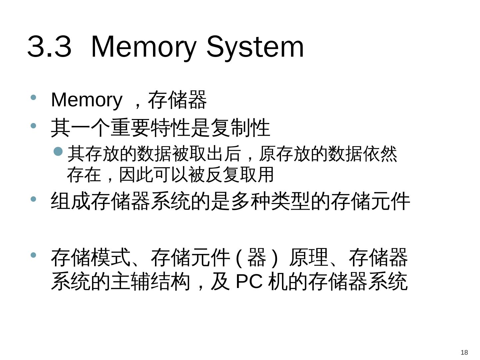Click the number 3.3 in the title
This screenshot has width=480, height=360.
pyautogui.click(x=49, y=47)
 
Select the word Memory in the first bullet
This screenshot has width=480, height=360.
pyautogui.click(x=87, y=100)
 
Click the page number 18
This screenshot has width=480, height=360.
pyautogui.click(x=464, y=352)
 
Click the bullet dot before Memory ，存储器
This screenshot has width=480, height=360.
pyautogui.click(x=33, y=97)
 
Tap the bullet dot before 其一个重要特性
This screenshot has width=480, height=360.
pyautogui.click(x=33, y=126)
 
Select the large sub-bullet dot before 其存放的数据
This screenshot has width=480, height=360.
pyautogui.click(x=58, y=152)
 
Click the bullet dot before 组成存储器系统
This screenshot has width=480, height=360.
pyautogui.click(x=33, y=199)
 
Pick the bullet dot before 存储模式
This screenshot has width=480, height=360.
pyautogui.click(x=33, y=255)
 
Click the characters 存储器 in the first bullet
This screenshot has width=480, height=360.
pyautogui.click(x=177, y=100)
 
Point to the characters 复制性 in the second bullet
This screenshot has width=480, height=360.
pyautogui.click(x=240, y=128)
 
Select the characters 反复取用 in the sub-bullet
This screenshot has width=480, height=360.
pyautogui.click(x=239, y=174)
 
